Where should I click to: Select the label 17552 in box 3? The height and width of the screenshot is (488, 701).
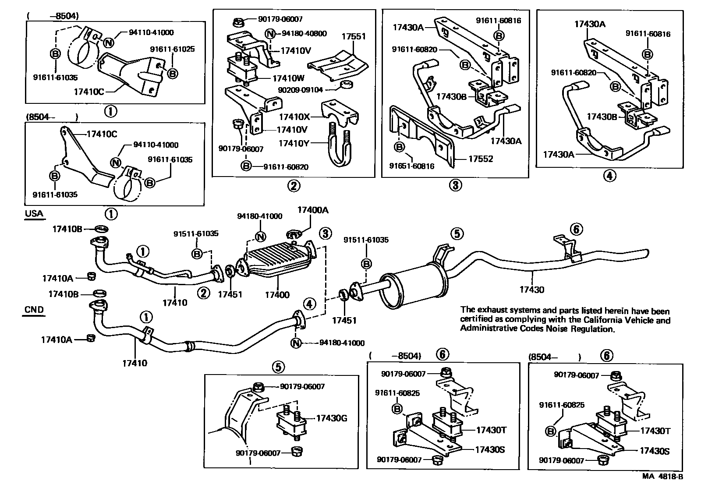coord(481,159)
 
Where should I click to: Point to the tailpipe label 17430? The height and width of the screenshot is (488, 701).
coord(531,289)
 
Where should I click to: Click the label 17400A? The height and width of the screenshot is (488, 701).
coord(312,210)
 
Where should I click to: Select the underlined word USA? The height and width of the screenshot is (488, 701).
coord(34,214)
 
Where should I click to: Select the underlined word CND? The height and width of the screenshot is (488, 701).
coord(34,309)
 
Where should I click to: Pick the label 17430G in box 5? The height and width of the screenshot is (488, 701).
coord(332,418)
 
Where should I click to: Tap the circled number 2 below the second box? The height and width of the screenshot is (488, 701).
coord(294,186)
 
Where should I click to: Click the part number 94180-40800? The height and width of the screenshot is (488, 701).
coord(304,34)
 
